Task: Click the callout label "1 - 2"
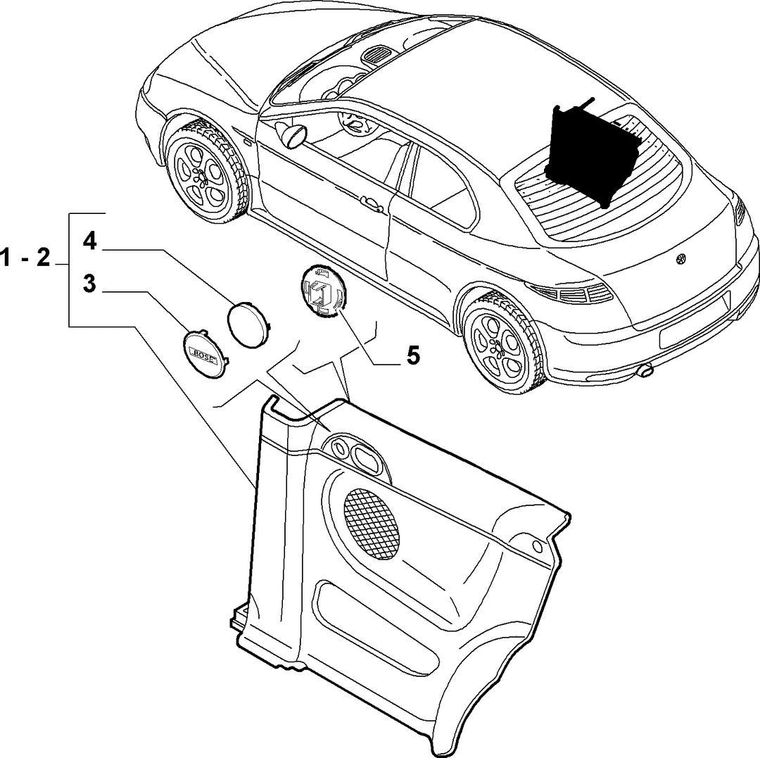tap(25, 258)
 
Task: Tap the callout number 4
tap(89, 241)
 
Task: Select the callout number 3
tap(89, 284)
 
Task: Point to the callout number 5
tap(412, 356)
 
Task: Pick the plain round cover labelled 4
tap(250, 324)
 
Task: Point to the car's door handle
tap(373, 204)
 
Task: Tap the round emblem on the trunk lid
tap(680, 259)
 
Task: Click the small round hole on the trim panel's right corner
tap(537, 546)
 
